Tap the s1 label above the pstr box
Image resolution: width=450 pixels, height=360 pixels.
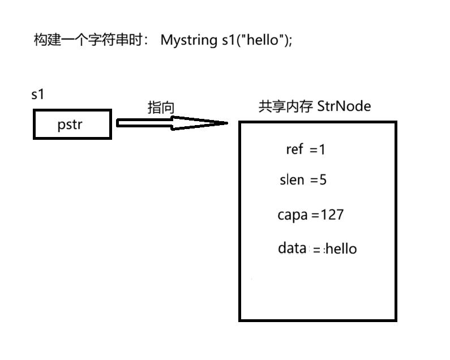pyautogui.click(x=37, y=95)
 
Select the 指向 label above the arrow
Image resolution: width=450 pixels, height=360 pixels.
pyautogui.click(x=161, y=108)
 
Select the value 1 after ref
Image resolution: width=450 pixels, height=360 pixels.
pyautogui.click(x=323, y=149)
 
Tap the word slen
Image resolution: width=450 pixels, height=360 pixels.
pyautogui.click(x=292, y=180)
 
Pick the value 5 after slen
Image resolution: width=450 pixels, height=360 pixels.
pyautogui.click(x=323, y=180)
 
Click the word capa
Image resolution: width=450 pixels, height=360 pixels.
pyautogui.click(x=293, y=215)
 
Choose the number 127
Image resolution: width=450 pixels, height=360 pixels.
pyautogui.click(x=332, y=215)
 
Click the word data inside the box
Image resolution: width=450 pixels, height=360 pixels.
pyautogui.click(x=293, y=248)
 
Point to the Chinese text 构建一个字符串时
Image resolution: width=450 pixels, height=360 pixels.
pyautogui.click(x=91, y=41)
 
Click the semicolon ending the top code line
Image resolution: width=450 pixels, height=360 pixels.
pyautogui.click(x=291, y=42)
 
